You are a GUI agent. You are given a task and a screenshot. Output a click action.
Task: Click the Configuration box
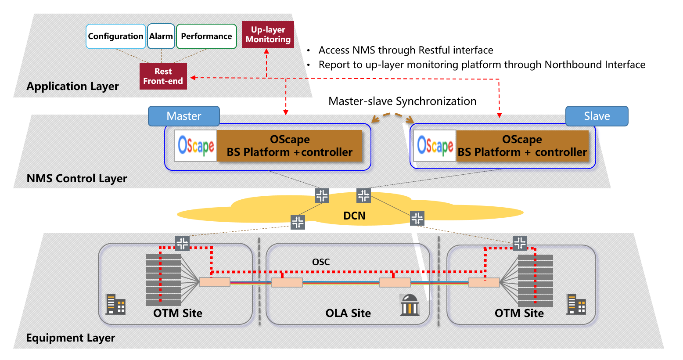pos(115,36)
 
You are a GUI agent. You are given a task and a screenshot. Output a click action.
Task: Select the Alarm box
pos(161,36)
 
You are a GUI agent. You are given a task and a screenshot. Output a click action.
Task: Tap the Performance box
pos(206,36)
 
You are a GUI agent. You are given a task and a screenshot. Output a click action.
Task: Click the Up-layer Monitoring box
pos(268,35)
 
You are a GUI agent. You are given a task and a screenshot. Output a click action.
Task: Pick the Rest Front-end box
pos(163,76)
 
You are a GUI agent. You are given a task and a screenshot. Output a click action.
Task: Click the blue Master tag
pos(184,116)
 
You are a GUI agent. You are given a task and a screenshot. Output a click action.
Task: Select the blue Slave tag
pos(597,116)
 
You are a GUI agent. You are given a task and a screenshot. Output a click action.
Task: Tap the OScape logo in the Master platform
pos(196,146)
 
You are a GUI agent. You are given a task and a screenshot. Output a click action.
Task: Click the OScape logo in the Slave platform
pos(435,146)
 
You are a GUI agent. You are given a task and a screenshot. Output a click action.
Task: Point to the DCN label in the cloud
pos(354,216)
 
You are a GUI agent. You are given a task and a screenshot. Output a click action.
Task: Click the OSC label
pos(321,262)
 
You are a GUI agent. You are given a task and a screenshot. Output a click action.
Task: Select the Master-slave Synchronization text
pos(402,101)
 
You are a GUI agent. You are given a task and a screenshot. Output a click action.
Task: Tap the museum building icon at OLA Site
pos(410,305)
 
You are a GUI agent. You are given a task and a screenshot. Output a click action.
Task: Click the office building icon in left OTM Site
pos(116,304)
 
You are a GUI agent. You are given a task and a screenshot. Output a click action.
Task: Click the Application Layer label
pos(72,86)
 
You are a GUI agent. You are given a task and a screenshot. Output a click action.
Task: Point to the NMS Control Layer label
pos(77,179)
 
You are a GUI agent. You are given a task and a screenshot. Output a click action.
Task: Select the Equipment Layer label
pos(71,338)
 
